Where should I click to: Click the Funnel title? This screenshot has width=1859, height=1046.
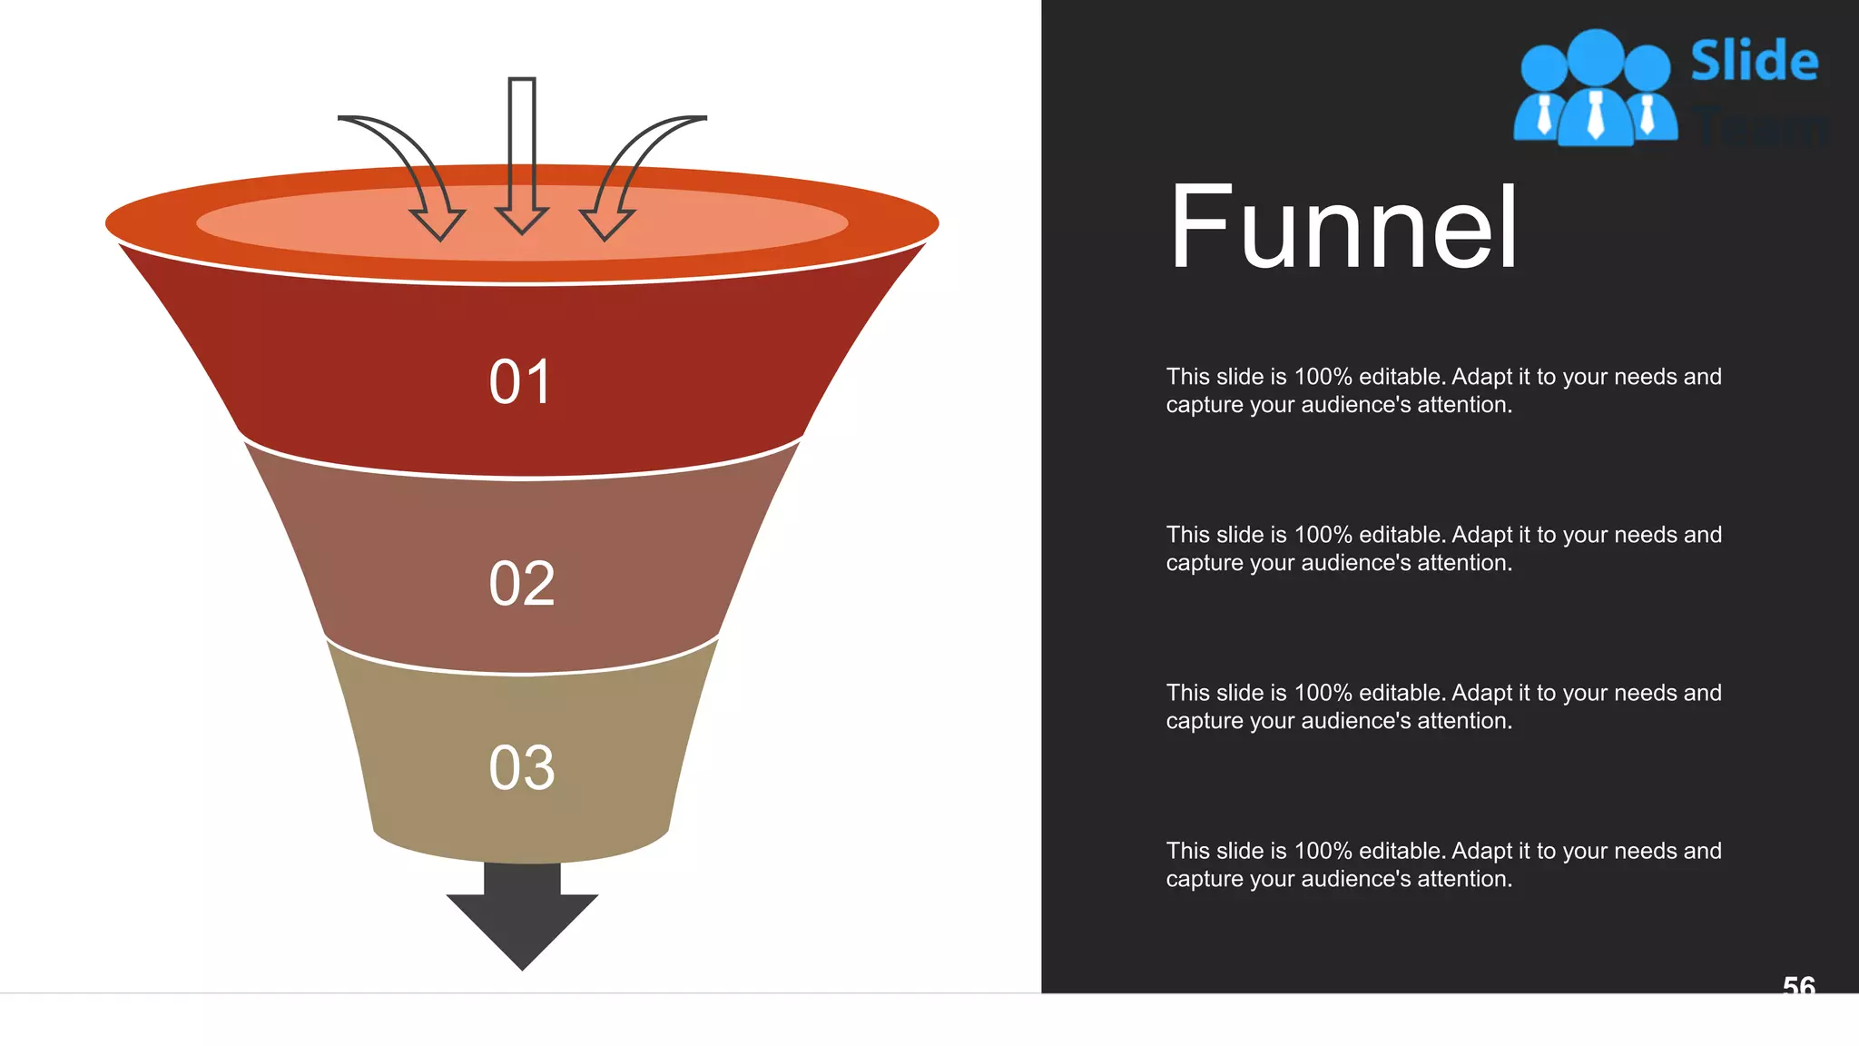click(x=1343, y=227)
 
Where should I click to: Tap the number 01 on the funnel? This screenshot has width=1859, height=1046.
click(x=520, y=382)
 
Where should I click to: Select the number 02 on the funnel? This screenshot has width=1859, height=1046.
click(x=521, y=584)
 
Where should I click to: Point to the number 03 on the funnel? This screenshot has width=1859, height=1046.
click(x=521, y=768)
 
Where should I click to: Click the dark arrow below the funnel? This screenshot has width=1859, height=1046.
click(x=522, y=917)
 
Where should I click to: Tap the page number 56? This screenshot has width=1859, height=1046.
click(x=1798, y=985)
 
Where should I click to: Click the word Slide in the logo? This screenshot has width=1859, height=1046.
click(x=1754, y=61)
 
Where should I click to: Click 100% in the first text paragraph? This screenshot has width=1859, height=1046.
click(x=1323, y=377)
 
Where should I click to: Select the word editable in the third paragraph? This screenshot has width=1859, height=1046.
click(x=1401, y=693)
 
